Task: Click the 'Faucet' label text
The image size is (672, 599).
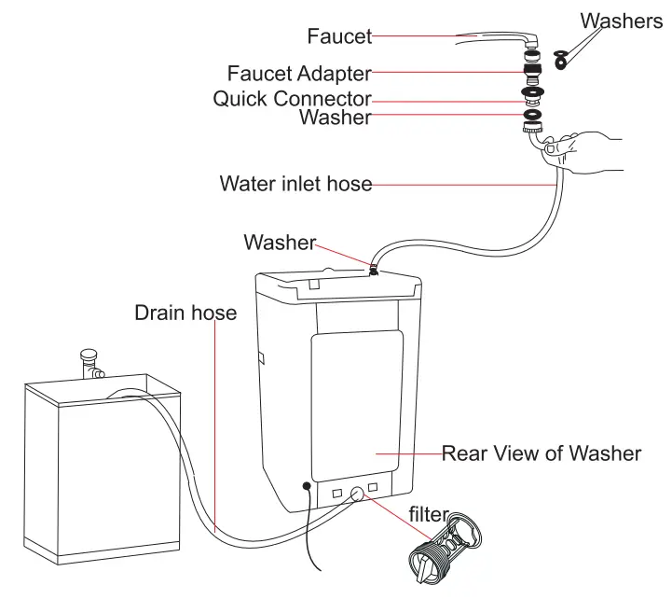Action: click(x=339, y=37)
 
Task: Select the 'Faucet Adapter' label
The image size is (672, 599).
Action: click(x=299, y=73)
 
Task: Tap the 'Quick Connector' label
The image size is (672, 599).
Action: click(x=292, y=98)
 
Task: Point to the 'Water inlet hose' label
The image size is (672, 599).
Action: click(x=295, y=183)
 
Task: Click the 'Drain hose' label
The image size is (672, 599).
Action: click(x=185, y=313)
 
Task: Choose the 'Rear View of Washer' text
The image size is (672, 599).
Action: click(x=541, y=453)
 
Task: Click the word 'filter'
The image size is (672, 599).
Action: click(x=429, y=514)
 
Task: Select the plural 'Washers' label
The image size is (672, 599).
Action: click(x=621, y=21)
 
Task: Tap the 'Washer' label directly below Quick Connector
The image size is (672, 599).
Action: click(x=335, y=118)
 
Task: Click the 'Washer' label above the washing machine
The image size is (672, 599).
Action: click(x=280, y=243)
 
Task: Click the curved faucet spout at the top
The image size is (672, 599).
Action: click(x=499, y=37)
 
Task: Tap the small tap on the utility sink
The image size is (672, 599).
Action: click(x=90, y=360)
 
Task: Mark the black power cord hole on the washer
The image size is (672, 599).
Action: click(x=307, y=487)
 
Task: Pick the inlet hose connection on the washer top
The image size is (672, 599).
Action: click(x=372, y=270)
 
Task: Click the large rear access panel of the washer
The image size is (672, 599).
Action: click(x=357, y=401)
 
